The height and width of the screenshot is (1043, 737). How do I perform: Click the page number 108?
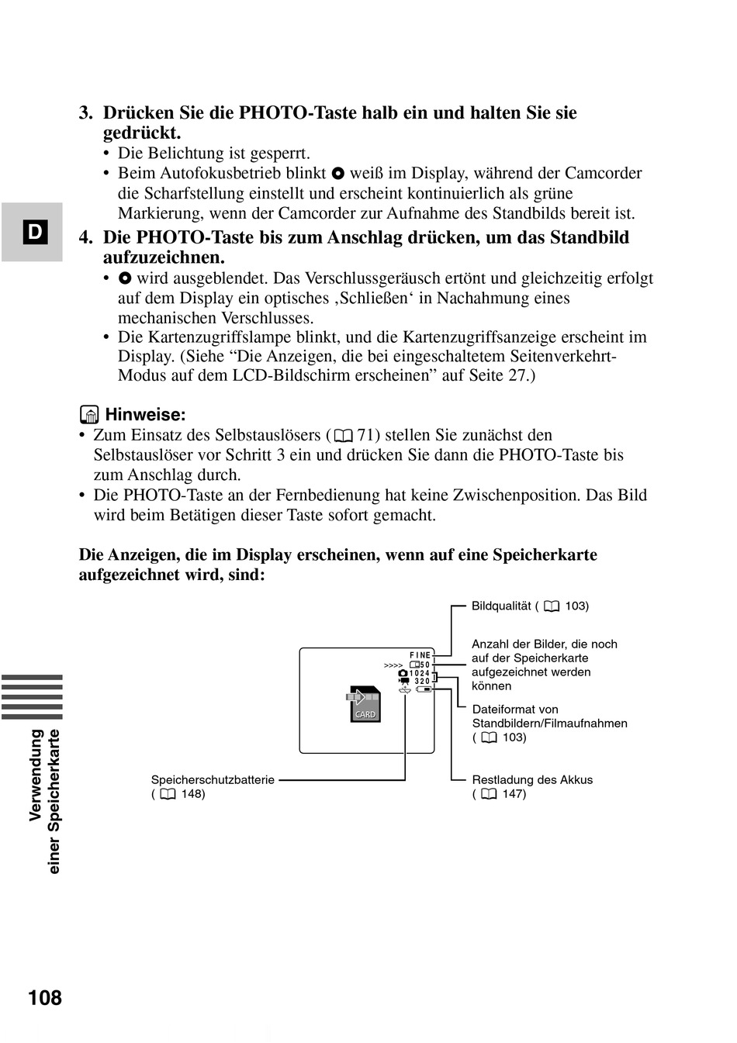click(45, 997)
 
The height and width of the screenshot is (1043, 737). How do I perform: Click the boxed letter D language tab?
click(36, 232)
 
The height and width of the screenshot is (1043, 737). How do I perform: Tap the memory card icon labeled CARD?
click(364, 704)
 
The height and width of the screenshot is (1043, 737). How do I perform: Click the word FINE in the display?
click(420, 656)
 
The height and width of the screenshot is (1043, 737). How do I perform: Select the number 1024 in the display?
click(420, 673)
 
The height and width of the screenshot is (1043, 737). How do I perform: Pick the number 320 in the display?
click(422, 681)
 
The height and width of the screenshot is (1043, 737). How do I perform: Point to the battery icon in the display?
click(423, 689)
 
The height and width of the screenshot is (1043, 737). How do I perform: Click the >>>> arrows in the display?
click(393, 665)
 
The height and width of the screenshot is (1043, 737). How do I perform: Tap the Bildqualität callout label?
click(500, 606)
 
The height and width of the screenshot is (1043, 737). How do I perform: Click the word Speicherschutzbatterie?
click(213, 780)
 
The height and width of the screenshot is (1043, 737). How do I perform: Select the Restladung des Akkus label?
click(532, 780)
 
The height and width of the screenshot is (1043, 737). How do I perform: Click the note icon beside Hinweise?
click(89, 415)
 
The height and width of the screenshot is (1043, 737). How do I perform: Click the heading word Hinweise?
click(145, 415)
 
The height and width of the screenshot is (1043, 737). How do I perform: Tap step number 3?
click(86, 113)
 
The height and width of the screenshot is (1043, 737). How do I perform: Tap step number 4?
click(86, 237)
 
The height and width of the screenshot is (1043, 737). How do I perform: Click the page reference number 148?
click(193, 794)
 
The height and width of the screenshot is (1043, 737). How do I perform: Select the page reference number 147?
click(514, 794)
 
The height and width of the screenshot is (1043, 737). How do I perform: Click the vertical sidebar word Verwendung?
click(36, 775)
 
